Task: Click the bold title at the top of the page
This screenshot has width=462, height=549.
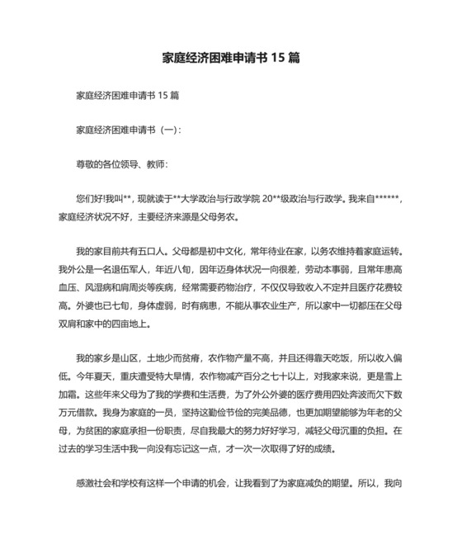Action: (230, 59)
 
